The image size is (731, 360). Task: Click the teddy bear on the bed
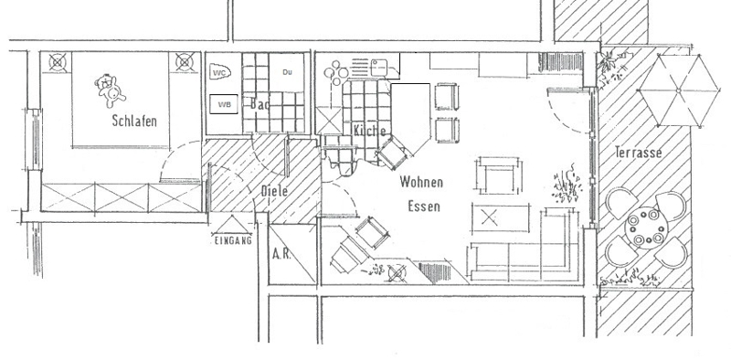(x=111, y=90)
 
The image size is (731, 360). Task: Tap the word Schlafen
(x=134, y=121)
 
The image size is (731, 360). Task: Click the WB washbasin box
(x=224, y=104)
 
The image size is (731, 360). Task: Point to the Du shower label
(x=287, y=72)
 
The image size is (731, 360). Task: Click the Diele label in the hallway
(x=274, y=190)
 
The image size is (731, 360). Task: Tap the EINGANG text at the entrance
(x=233, y=240)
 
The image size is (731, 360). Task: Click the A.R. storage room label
(x=281, y=255)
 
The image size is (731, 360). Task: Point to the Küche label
(x=369, y=130)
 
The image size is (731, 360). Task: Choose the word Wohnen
(x=421, y=182)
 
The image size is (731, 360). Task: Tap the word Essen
(x=424, y=206)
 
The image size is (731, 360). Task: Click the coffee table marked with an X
(x=501, y=217)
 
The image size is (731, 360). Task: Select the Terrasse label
(x=638, y=153)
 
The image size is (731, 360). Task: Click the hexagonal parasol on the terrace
(x=678, y=90)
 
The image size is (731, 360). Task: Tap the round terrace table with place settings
(x=646, y=228)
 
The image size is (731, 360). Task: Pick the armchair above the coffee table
(x=499, y=175)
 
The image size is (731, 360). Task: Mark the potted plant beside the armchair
(x=567, y=185)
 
